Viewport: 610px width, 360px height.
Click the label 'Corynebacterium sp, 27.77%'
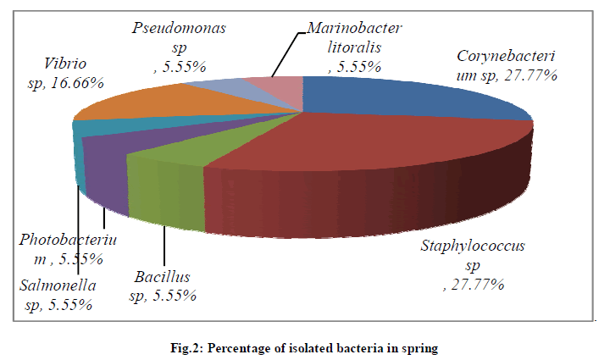(x=507, y=66)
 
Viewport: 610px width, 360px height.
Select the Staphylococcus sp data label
(x=474, y=265)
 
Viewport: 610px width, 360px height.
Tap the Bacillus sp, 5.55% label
(x=163, y=286)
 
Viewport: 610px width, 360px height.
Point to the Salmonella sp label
(x=58, y=294)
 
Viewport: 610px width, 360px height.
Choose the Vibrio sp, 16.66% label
(x=64, y=73)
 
